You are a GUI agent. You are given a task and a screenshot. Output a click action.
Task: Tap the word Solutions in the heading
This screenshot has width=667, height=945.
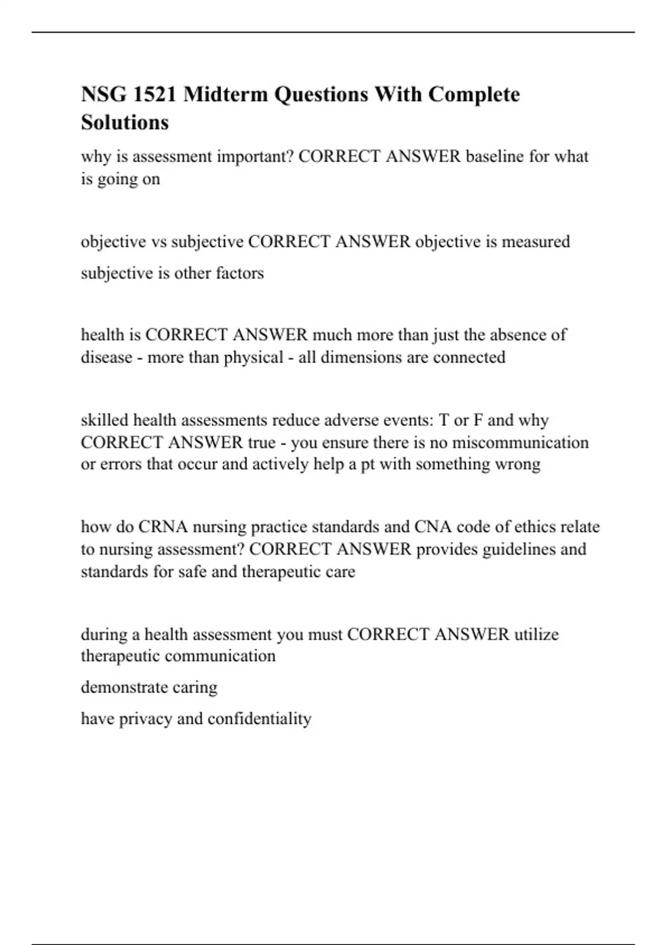pyautogui.click(x=125, y=122)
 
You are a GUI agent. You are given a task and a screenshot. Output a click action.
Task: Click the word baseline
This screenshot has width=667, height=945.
pyautogui.click(x=495, y=157)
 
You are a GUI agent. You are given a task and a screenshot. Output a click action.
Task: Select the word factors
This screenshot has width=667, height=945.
pyautogui.click(x=240, y=273)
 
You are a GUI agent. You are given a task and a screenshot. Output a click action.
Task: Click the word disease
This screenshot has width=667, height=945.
pyautogui.click(x=107, y=357)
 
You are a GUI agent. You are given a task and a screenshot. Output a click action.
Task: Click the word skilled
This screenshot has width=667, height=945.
pyautogui.click(x=104, y=420)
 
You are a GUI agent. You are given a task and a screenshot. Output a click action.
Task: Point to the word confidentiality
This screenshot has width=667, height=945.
pyautogui.click(x=259, y=719)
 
